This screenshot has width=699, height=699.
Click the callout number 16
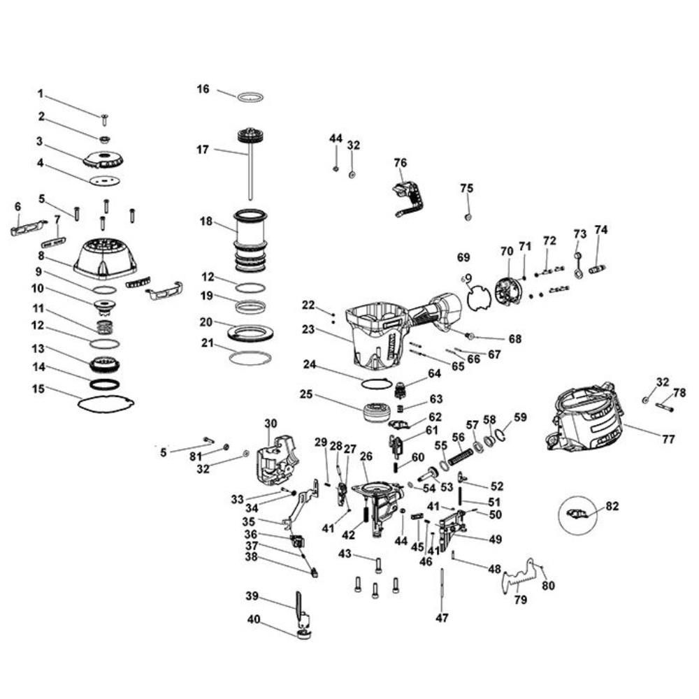pyautogui.click(x=203, y=89)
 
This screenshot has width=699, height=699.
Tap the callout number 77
pyautogui.click(x=669, y=439)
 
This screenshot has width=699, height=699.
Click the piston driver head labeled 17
pyautogui.click(x=249, y=136)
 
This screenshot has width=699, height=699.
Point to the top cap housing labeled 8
pyautogui.click(x=105, y=257)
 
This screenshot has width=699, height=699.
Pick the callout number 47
pyautogui.click(x=442, y=618)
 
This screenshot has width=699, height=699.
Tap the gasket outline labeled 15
pyautogui.click(x=106, y=404)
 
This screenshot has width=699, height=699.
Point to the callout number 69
pyautogui.click(x=463, y=258)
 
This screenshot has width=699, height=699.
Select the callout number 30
pyautogui.click(x=271, y=423)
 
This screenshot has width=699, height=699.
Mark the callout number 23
pyautogui.click(x=308, y=329)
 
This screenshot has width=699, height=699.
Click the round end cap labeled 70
pyautogui.click(x=508, y=290)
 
